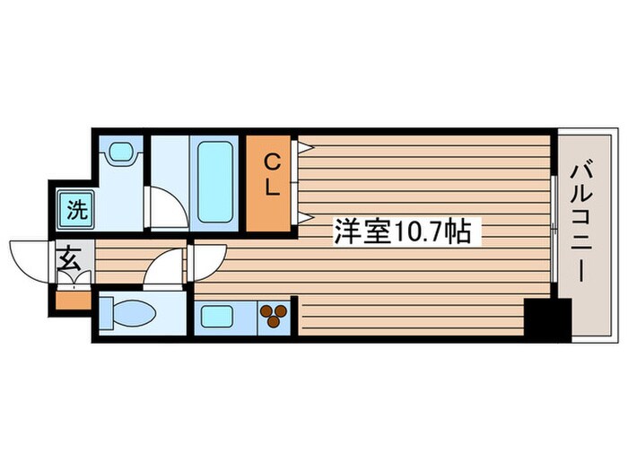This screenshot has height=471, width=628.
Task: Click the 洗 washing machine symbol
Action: (76, 212)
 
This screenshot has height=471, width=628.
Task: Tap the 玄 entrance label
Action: (68, 262)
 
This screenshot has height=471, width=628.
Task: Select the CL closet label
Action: (272, 176)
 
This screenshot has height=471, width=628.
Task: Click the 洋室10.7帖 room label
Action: (402, 232)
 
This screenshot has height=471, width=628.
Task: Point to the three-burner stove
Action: (273, 316)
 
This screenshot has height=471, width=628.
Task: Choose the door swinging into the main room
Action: (204, 262)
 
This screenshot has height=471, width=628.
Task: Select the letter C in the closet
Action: (272, 162)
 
